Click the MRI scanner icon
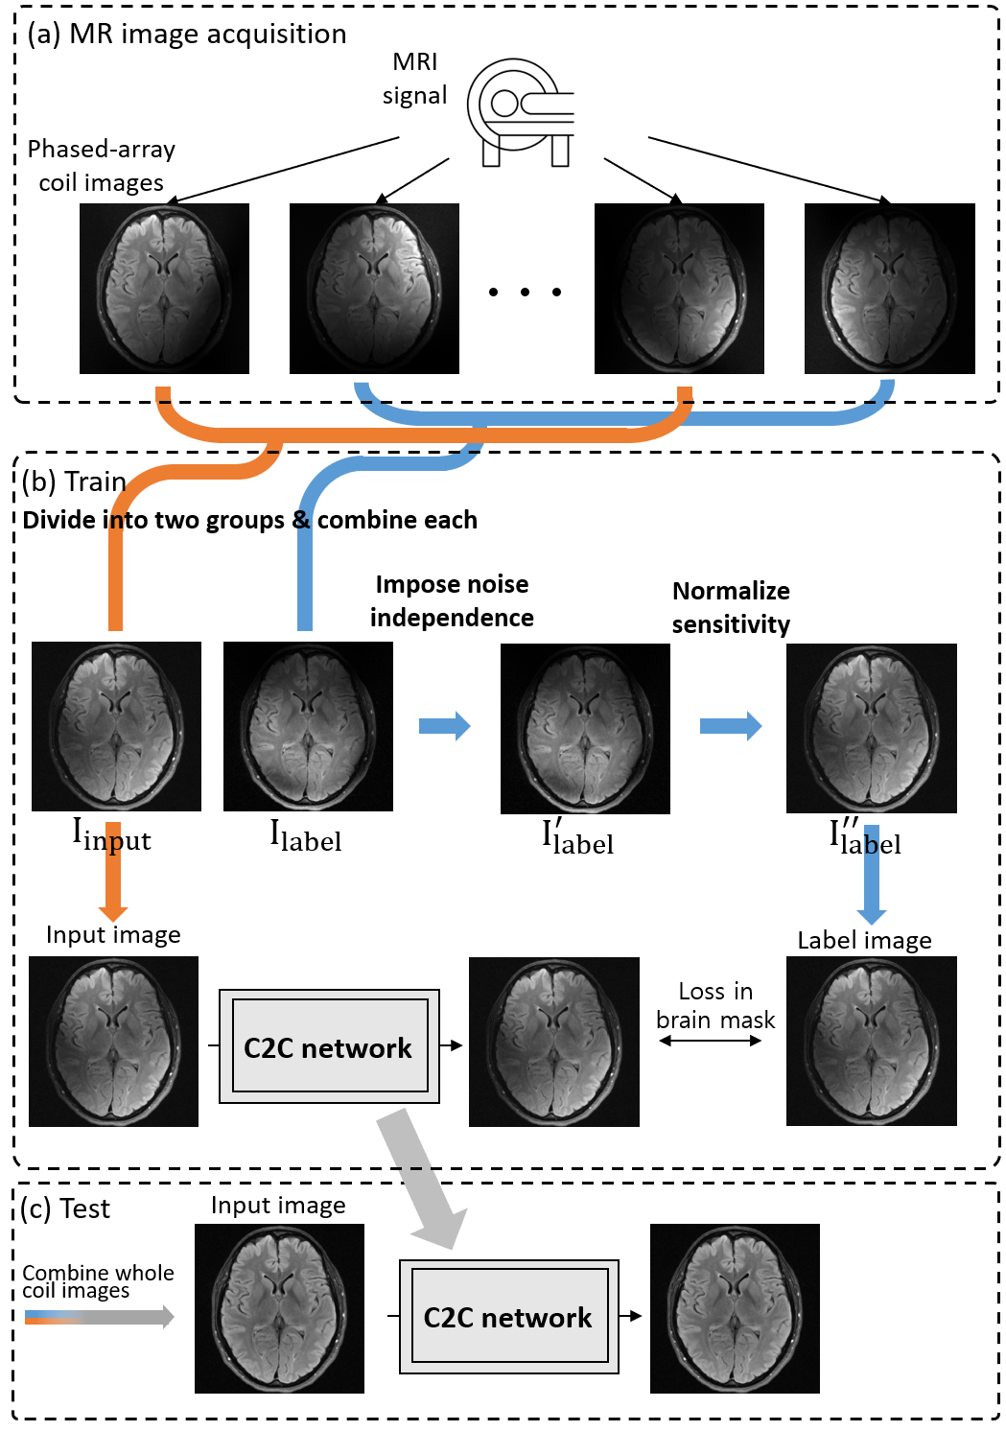pyautogui.click(x=521, y=111)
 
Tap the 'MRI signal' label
pyautogui.click(x=414, y=79)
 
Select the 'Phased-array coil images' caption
pyautogui.click(x=102, y=166)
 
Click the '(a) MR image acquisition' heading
pyautogui.click(x=187, y=35)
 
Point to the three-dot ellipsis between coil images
pyautogui.click(x=525, y=292)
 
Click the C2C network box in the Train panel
pyautogui.click(x=329, y=1046)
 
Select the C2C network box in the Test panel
pyautogui.click(x=508, y=1317)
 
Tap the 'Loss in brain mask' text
pyautogui.click(x=715, y=1005)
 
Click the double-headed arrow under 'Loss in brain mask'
pyautogui.click(x=710, y=1041)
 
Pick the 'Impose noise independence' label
pyautogui.click(x=452, y=600)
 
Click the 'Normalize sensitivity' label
pyautogui.click(x=731, y=607)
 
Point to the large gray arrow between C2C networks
pyautogui.click(x=422, y=1178)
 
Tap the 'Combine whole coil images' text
pyautogui.click(x=98, y=1281)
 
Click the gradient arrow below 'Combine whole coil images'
pyautogui.click(x=99, y=1317)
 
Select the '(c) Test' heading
pyautogui.click(x=66, y=1208)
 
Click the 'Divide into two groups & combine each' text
pyautogui.click(x=249, y=520)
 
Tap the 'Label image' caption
pyautogui.click(x=864, y=940)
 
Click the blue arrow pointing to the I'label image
pyautogui.click(x=444, y=726)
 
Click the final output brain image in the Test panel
pyautogui.click(x=735, y=1308)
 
